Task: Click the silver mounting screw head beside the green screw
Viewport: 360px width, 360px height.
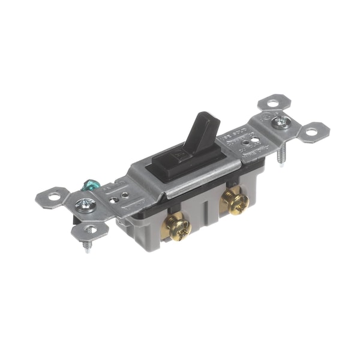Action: coord(85,205)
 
